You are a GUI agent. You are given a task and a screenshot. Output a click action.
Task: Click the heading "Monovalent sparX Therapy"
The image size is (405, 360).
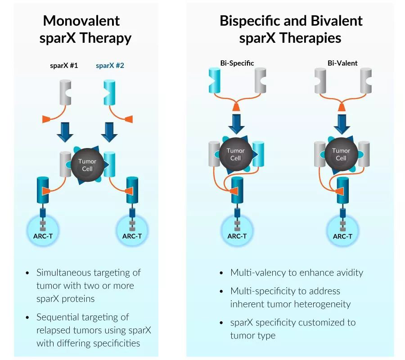(x=85, y=29)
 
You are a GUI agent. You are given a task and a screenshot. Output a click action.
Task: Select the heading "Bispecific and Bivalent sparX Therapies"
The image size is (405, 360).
(x=291, y=29)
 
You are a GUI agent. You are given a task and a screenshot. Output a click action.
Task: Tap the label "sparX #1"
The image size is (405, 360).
(x=64, y=65)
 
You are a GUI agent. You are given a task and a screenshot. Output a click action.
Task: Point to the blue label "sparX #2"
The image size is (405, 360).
(x=110, y=65)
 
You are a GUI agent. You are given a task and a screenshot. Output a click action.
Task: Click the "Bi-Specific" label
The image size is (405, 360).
(x=237, y=63)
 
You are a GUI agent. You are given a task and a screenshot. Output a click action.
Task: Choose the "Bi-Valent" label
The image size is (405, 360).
(x=342, y=63)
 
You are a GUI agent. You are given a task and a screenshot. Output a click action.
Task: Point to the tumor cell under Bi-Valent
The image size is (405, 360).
(x=341, y=154)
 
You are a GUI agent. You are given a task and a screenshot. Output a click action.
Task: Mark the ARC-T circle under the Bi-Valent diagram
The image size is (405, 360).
(x=342, y=232)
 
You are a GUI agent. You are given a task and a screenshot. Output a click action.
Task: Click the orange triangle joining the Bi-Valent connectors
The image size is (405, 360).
(x=342, y=107)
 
